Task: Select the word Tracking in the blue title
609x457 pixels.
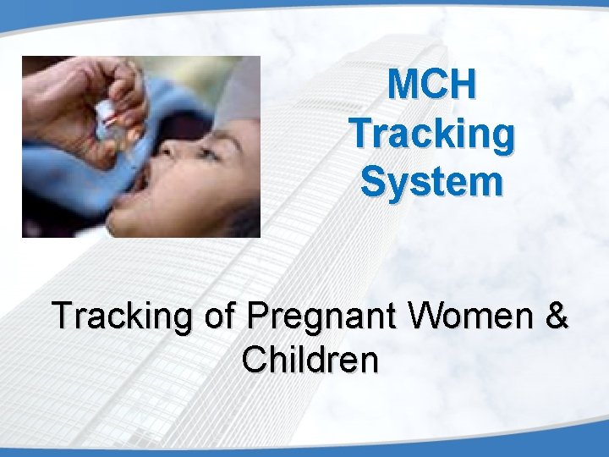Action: pyautogui.click(x=431, y=133)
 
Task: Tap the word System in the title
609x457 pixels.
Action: pyautogui.click(x=431, y=181)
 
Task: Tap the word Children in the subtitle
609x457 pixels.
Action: pyautogui.click(x=309, y=360)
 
